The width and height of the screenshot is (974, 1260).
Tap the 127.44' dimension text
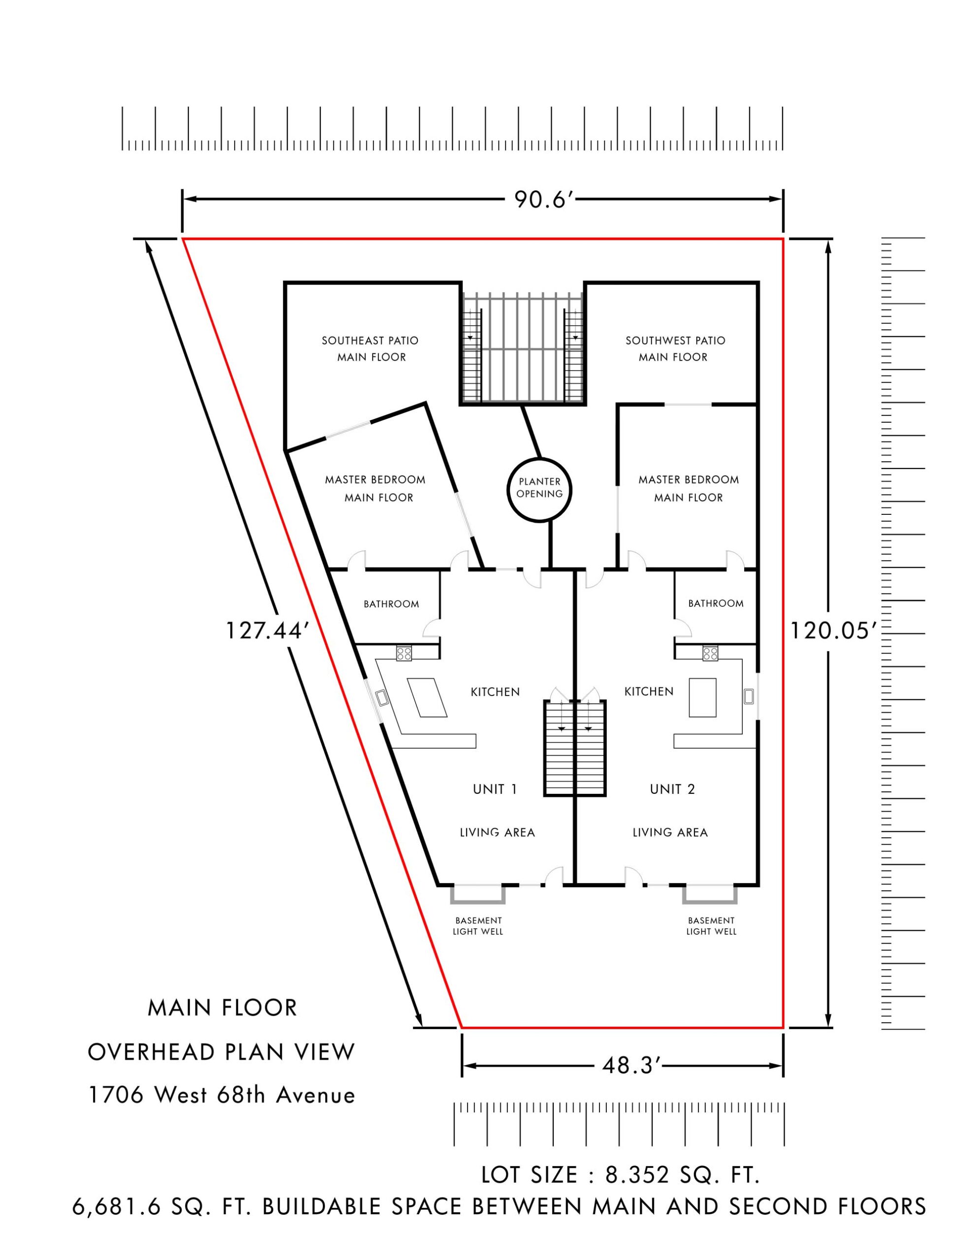[x=264, y=630]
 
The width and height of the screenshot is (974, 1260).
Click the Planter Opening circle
[x=539, y=490]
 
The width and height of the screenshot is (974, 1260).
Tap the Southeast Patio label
[x=371, y=348]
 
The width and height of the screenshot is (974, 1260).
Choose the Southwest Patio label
[x=675, y=348]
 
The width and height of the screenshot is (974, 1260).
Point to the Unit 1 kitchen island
[x=427, y=697]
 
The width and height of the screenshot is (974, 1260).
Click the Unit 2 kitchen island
[x=702, y=697]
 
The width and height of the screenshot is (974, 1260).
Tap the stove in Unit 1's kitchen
[x=404, y=654]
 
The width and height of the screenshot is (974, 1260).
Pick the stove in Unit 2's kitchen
[x=710, y=654]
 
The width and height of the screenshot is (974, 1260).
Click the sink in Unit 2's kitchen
[x=749, y=696]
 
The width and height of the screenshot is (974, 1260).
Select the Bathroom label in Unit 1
[x=391, y=604]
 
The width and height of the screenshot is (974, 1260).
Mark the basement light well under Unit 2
[x=710, y=895]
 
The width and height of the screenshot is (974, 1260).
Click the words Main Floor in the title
[x=222, y=1008]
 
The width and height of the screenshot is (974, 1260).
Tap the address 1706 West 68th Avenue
[x=221, y=1095]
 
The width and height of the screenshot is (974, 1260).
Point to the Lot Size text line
[x=620, y=1175]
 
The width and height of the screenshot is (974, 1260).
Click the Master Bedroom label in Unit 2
[x=688, y=488]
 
